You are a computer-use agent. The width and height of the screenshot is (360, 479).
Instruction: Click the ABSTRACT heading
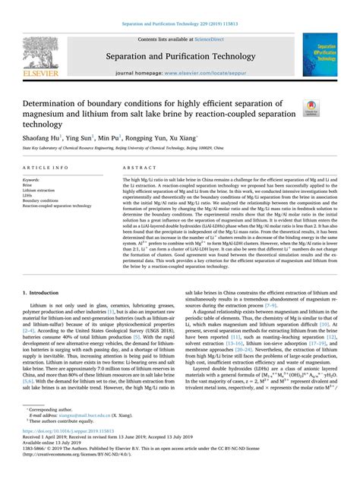pyautogui.click(x=135, y=166)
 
